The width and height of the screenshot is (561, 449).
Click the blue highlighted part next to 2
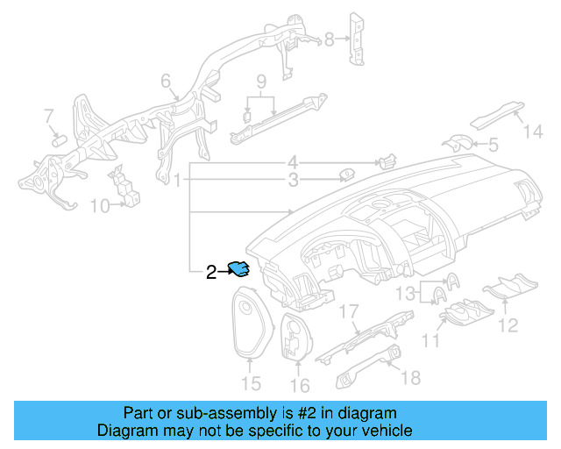(238, 269)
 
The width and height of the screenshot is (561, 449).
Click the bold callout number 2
(211, 272)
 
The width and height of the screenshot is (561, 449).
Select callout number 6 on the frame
(166, 82)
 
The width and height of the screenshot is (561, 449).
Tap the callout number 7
(49, 115)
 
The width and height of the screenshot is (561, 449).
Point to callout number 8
(330, 39)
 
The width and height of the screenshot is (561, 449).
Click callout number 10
(100, 206)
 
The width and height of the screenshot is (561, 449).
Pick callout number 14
(534, 132)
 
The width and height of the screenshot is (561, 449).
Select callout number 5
(493, 144)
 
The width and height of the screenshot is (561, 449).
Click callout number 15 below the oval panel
(251, 383)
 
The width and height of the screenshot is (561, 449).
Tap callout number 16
(300, 386)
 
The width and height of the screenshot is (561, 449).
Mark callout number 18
(410, 378)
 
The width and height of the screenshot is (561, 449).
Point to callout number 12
(508, 326)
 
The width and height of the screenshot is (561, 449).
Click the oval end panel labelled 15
(251, 323)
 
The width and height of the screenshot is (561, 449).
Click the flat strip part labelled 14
(495, 115)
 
